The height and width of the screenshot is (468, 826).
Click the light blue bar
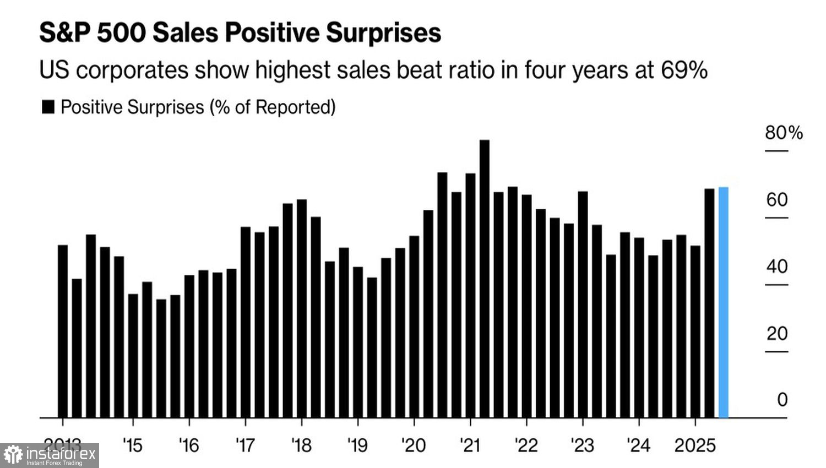point(724,303)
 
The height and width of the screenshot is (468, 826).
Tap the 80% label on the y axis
point(784,133)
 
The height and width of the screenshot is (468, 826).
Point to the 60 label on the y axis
point(777,200)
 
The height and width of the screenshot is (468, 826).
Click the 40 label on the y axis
point(777,266)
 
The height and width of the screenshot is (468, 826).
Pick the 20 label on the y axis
point(777,334)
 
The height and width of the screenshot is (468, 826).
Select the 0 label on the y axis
point(782,400)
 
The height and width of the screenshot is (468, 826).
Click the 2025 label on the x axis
point(695,445)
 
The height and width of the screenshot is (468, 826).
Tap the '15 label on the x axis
point(133,445)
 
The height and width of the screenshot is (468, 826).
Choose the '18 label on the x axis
point(301,445)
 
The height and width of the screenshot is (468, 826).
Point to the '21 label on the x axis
point(470,445)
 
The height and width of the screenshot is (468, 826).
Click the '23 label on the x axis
point(583,445)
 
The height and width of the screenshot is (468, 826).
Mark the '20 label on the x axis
point(414,445)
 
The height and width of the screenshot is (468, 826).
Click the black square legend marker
point(48,107)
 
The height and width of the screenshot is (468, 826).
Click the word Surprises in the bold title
point(383,33)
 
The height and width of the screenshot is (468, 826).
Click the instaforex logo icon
point(13,455)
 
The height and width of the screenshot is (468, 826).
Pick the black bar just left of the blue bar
point(710,303)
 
